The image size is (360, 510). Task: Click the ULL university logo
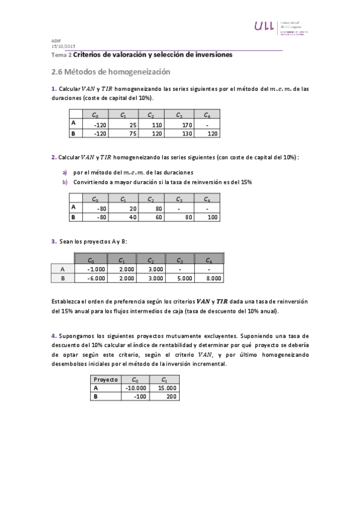[x=264, y=26]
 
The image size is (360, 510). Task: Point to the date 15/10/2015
[x=64, y=46]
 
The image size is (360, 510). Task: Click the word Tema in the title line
[x=60, y=55]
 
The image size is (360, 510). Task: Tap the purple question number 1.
[x=53, y=89]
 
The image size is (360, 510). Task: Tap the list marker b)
[x=65, y=181]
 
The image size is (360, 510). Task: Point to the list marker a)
[x=65, y=172]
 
